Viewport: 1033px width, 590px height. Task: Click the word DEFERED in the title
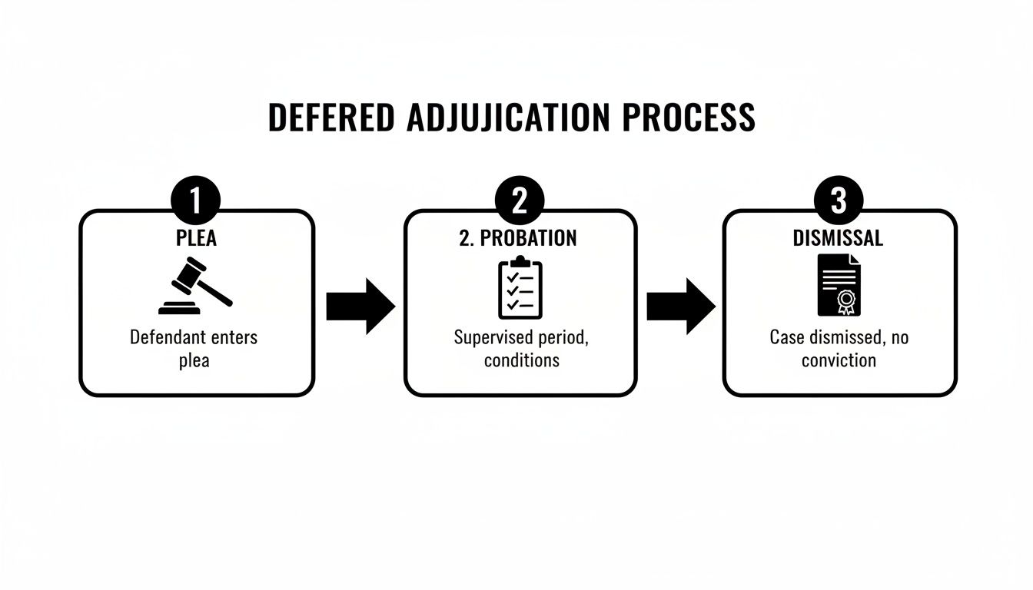[x=331, y=118]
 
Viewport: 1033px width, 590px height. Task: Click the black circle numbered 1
[x=195, y=201]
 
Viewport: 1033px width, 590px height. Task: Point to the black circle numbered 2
[x=520, y=201]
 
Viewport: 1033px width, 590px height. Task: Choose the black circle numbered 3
[x=839, y=201]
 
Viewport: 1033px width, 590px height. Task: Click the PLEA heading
[x=196, y=238]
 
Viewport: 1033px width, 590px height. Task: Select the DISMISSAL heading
[x=838, y=238]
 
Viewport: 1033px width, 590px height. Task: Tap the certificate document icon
[x=839, y=287]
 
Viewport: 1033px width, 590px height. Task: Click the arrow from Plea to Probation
[x=360, y=306]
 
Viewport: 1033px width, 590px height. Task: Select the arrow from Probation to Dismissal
[x=680, y=306]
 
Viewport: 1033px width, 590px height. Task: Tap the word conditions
[x=522, y=360]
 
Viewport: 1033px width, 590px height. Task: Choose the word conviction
[x=839, y=360]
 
